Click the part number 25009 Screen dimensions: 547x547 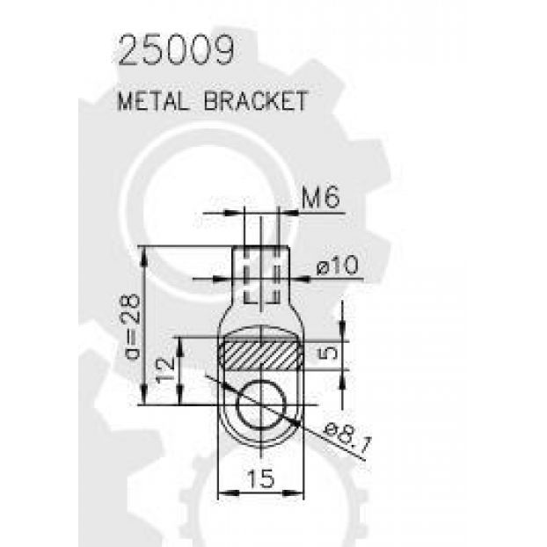[176, 50]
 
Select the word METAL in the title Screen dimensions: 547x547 [152, 101]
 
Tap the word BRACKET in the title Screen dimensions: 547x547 [256, 101]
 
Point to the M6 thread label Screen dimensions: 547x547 [320, 198]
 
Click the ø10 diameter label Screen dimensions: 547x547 [337, 266]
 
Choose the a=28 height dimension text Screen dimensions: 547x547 [133, 326]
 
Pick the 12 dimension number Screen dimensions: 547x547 [165, 371]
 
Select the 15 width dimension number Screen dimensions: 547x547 [261, 478]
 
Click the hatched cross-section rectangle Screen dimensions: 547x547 [261, 355]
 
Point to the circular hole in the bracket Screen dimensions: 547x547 [261, 405]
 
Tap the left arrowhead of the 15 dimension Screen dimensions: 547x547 [228, 492]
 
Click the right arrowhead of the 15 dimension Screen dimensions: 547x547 [293, 492]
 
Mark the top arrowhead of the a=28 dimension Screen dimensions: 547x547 [144, 258]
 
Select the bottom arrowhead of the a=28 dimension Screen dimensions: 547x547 [144, 394]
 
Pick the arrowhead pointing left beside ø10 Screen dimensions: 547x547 [300, 279]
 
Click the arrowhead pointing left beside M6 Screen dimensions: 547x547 [288, 213]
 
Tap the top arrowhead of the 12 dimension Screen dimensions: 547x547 [180, 347]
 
